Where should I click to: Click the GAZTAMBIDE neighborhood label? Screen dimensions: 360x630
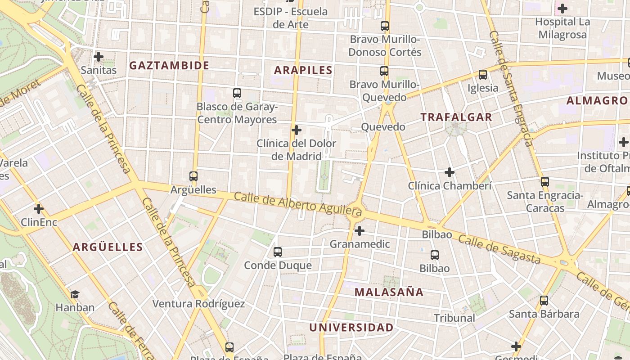[169, 66]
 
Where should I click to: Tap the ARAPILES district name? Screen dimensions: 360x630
[303, 70]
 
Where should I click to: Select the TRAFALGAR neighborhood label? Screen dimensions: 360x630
[456, 117]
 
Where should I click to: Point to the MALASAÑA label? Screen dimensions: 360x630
[389, 292]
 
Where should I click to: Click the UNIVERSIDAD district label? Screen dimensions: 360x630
[351, 328]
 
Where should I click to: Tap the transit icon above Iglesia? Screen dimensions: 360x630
[483, 75]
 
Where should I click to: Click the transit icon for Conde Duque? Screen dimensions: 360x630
[278, 252]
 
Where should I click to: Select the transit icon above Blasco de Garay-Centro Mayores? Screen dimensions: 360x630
[237, 93]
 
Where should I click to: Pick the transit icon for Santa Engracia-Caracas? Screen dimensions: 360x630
[545, 182]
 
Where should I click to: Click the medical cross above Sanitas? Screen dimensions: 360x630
[99, 57]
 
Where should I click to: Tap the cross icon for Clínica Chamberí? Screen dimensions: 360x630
[450, 172]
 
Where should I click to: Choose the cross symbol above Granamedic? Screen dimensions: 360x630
[360, 231]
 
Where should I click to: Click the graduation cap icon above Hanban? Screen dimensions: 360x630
[75, 294]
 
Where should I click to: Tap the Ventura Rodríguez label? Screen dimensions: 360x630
[198, 304]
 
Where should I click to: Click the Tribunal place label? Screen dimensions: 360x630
[454, 318]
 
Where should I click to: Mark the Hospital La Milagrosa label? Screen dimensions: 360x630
[562, 28]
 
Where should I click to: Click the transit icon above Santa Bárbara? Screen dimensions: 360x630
[544, 301]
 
